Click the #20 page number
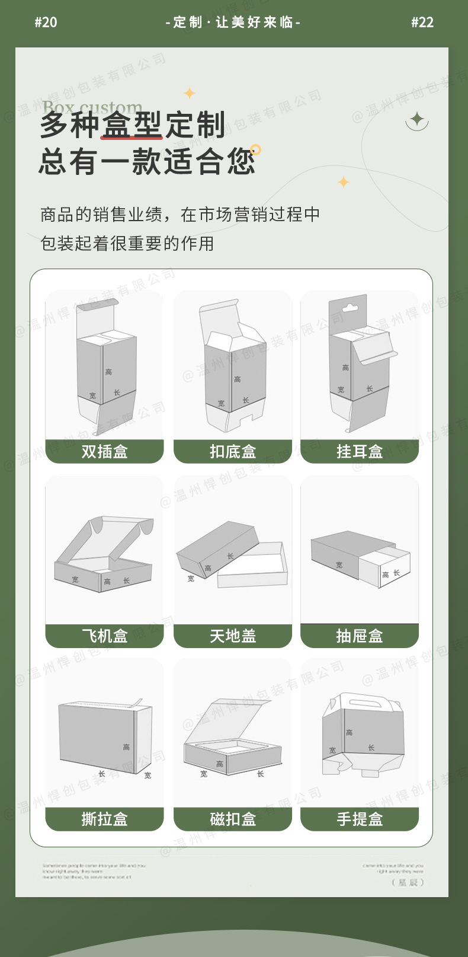coord(46,23)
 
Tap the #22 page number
coord(422,23)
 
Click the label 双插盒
coord(104,452)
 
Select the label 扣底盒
coord(233,452)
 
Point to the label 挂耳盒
coord(360,452)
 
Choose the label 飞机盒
coord(104,636)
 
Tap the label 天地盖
coord(233,636)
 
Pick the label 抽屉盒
coord(360,636)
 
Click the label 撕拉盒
coord(104,819)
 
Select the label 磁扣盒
coord(233,819)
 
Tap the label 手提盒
coord(360,819)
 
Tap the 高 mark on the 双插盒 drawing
coord(108,372)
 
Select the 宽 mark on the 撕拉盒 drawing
coord(148,775)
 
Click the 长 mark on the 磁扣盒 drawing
coord(260,774)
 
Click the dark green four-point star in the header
coord(418,119)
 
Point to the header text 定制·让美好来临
coord(233,23)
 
